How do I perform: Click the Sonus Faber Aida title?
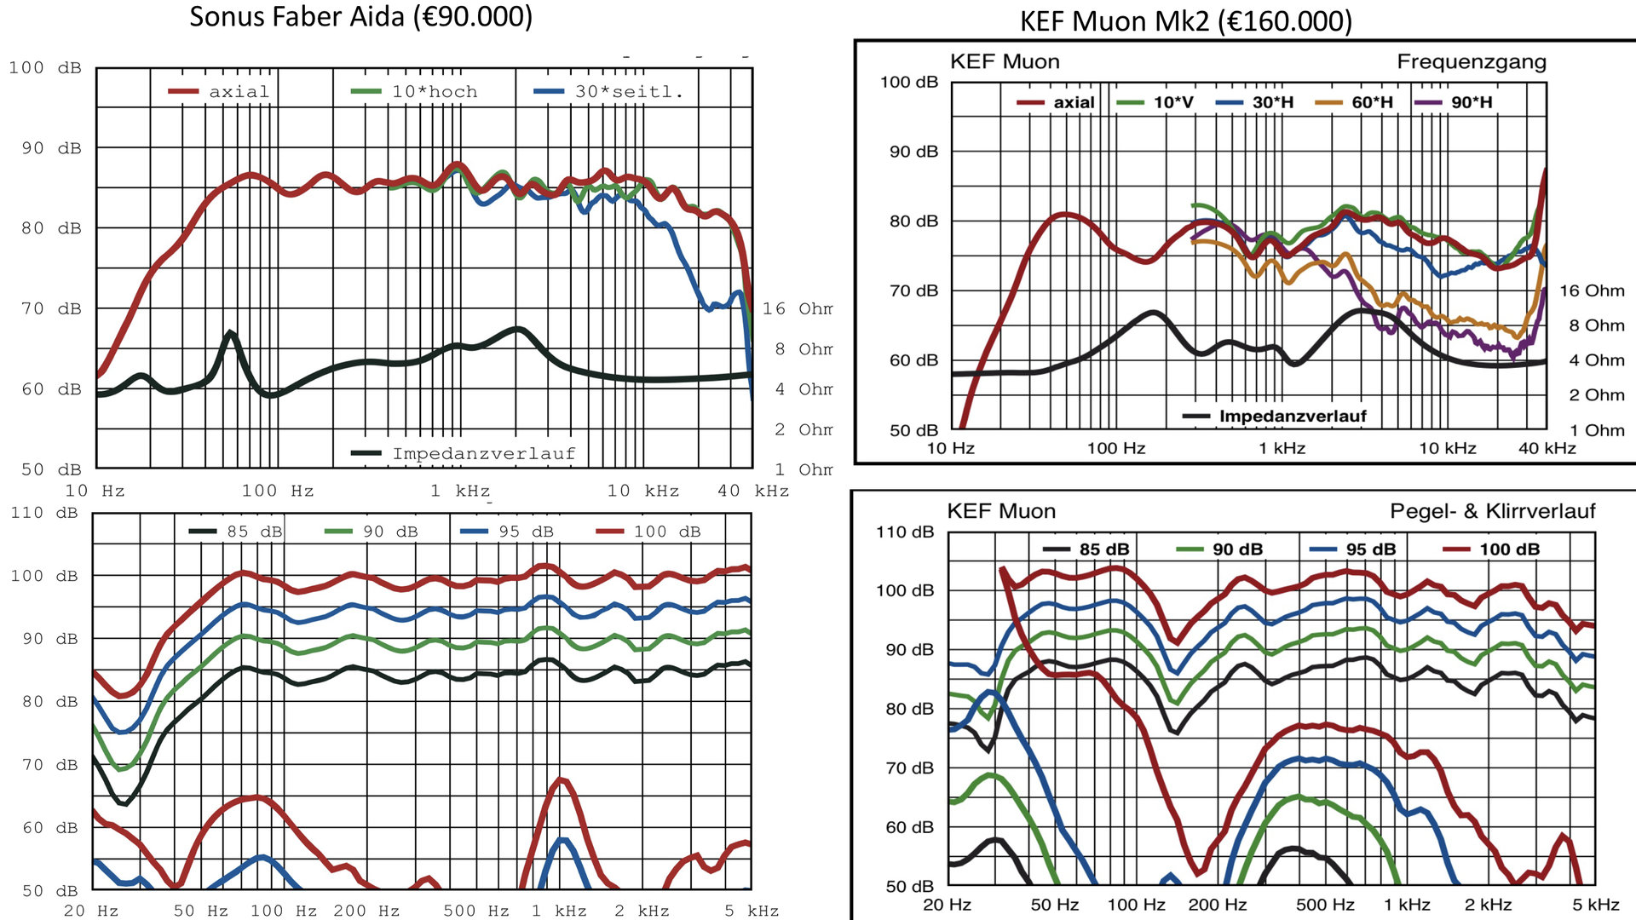[x=360, y=17]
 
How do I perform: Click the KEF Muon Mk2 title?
[x=1185, y=21]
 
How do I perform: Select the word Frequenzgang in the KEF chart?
[x=1471, y=62]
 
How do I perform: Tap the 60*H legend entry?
[x=1371, y=102]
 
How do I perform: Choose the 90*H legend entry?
[x=1471, y=102]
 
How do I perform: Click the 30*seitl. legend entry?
[x=628, y=92]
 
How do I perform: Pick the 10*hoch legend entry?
[x=434, y=92]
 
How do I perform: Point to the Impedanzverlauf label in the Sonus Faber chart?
[x=483, y=454]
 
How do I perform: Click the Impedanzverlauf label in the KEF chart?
[x=1292, y=417]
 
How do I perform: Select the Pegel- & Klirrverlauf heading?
[x=1492, y=511]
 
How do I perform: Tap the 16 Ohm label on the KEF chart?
[x=1592, y=291]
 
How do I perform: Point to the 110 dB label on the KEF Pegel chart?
[x=905, y=532]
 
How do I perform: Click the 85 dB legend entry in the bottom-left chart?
[x=254, y=532]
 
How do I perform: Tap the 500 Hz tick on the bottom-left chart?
[x=475, y=911]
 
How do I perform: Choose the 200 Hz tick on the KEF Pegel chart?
[x=1217, y=905]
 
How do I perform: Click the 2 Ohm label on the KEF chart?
[x=1597, y=395]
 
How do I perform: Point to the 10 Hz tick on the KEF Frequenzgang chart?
[x=950, y=448]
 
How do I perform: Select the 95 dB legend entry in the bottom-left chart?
[x=526, y=532]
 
